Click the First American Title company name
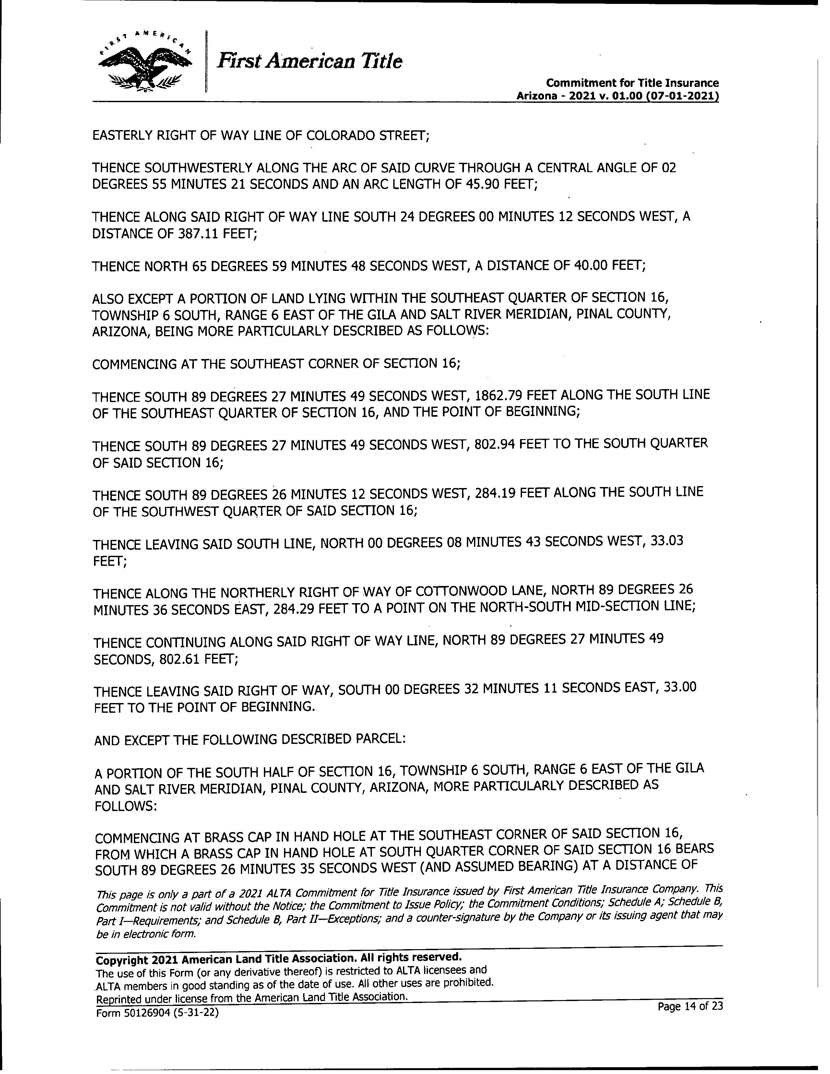[310, 62]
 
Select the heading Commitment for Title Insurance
[632, 83]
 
